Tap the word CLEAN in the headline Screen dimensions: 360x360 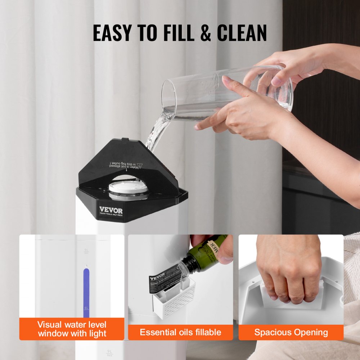pyautogui.click(x=242, y=33)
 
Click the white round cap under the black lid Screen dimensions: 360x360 pyautogui.click(x=129, y=188)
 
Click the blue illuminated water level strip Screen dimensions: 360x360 pyautogui.click(x=86, y=292)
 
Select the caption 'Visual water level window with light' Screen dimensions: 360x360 pyautogui.click(x=72, y=329)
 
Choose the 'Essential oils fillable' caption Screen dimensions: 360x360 pyautogui.click(x=180, y=332)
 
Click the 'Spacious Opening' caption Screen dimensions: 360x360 pyautogui.click(x=291, y=332)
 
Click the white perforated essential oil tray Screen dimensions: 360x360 pyautogui.click(x=174, y=300)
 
